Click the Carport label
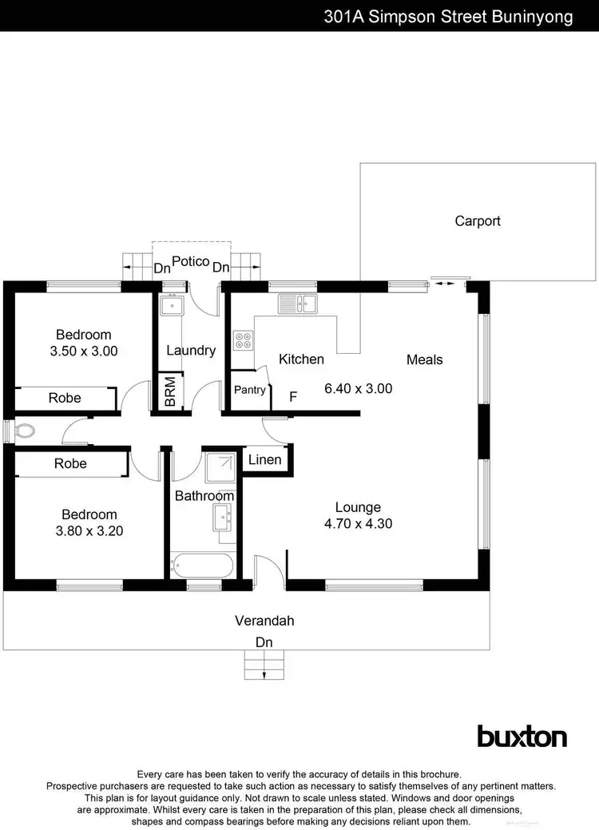(x=478, y=221)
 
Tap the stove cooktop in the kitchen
(x=243, y=340)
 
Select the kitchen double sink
(x=298, y=304)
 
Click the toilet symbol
(x=24, y=431)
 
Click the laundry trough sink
(x=172, y=305)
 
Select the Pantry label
(x=249, y=391)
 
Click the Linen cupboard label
(x=264, y=460)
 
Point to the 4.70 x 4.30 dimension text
(x=358, y=524)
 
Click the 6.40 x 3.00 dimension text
(x=358, y=389)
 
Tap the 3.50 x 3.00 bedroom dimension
(x=83, y=350)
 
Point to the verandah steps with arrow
(x=264, y=664)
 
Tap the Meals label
(x=424, y=359)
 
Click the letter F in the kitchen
(x=293, y=396)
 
